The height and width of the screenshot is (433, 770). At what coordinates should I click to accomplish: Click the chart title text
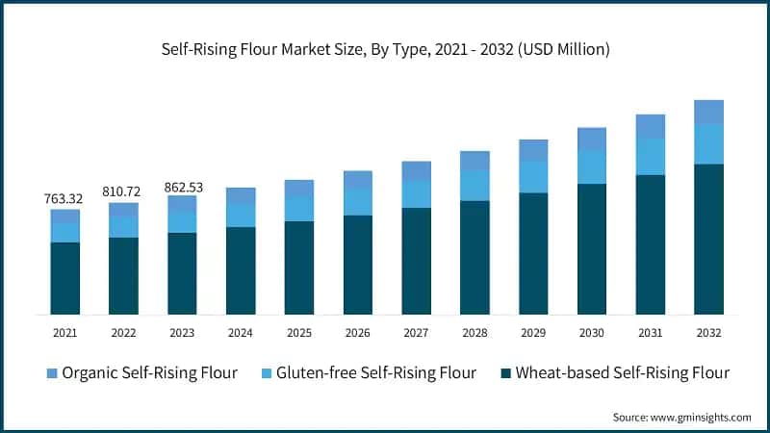coord(384,49)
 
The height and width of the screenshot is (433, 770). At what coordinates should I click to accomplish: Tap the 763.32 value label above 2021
coord(64,198)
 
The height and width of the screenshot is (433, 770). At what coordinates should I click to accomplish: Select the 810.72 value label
coord(123,191)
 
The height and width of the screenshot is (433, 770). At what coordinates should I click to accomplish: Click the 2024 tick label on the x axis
coord(241,332)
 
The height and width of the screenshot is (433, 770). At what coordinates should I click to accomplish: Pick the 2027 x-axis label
coord(416,332)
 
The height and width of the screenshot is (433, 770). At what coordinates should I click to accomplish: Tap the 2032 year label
coord(708,332)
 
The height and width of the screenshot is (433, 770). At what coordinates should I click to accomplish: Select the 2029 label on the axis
coord(533,332)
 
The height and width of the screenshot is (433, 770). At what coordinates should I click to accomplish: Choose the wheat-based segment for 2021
coord(64,278)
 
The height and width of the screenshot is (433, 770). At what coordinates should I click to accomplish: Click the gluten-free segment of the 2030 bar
coord(592,167)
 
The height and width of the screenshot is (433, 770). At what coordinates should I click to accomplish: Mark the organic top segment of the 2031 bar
coord(651,126)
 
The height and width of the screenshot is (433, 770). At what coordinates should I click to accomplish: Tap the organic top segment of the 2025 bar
coord(299,189)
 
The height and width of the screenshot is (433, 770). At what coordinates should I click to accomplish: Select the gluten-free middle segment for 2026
coord(358,202)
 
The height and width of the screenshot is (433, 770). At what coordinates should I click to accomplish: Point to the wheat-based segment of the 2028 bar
coord(475,257)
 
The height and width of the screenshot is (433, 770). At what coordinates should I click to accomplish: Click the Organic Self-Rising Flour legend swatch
coord(52,372)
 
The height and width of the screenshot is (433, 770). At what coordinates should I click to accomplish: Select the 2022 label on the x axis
coord(123,332)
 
